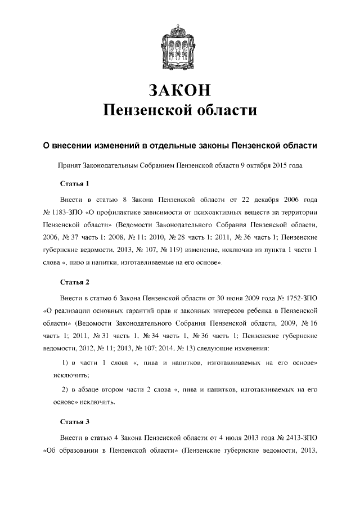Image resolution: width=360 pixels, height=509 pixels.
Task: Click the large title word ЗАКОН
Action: tap(180, 90)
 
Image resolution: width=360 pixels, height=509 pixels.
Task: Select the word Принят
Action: tap(70, 166)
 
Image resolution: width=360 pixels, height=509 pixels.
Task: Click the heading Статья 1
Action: tap(75, 183)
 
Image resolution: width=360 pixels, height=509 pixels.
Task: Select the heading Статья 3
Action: tap(75, 421)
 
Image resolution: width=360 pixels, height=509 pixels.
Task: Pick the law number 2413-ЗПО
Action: tap(304, 436)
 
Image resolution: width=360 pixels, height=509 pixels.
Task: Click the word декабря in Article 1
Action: tap(259, 200)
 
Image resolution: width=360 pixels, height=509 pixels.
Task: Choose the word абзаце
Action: tap(92, 390)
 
